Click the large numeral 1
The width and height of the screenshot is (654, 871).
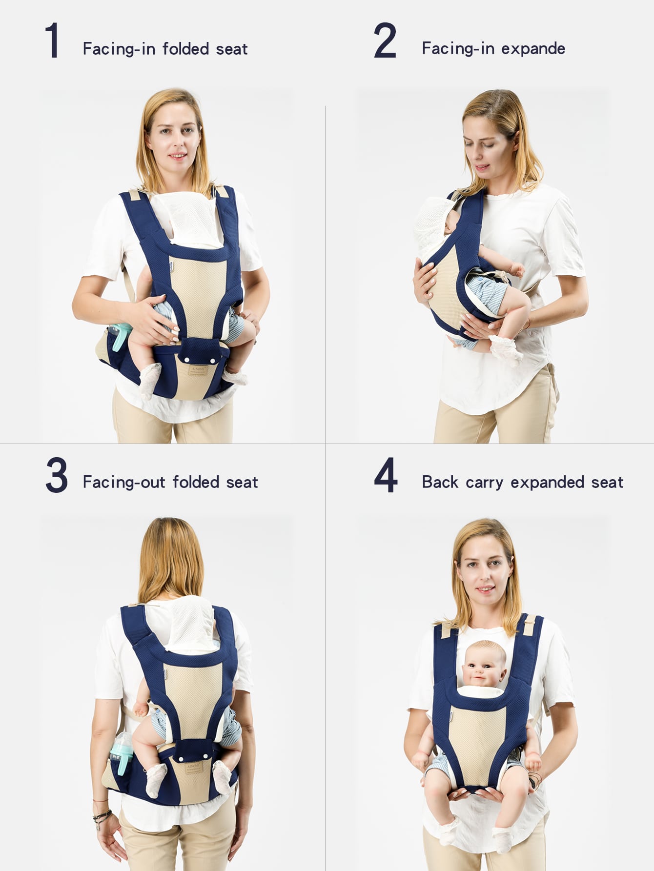(x=52, y=41)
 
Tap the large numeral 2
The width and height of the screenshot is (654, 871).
(x=385, y=41)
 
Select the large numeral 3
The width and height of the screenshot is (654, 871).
(x=57, y=475)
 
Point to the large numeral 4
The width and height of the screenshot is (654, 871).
(x=386, y=475)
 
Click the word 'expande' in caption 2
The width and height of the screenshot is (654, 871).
(x=533, y=49)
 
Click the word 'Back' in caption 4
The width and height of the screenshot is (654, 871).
(x=440, y=482)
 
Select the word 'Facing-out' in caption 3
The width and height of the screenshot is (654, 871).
(x=124, y=482)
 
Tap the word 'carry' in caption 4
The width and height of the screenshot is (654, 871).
(x=484, y=483)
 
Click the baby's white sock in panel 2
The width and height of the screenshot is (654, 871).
(x=506, y=348)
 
